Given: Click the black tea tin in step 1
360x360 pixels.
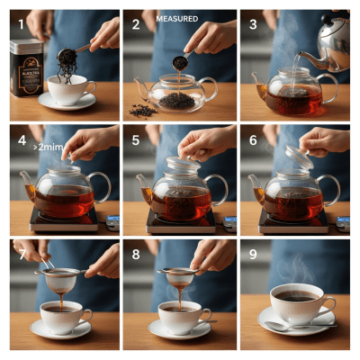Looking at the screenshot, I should pos(28,72).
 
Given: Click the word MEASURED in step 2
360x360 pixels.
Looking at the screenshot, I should pos(176,18).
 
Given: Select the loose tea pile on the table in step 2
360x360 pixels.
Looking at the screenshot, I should pos(141,110).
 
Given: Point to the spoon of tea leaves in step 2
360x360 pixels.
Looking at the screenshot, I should pos(180,62).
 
